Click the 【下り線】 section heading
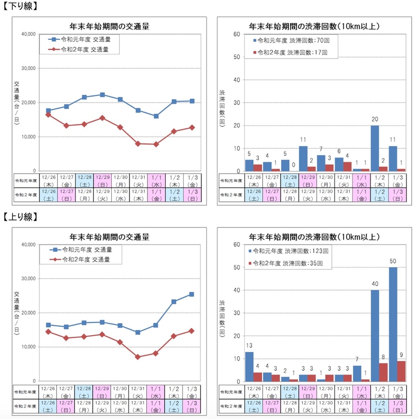[x=22, y=6]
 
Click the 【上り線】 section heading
[x=22, y=216]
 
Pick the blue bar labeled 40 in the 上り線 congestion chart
[x=375, y=336]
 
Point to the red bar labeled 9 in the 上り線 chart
[x=401, y=371]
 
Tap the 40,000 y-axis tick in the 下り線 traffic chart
[x=26, y=34]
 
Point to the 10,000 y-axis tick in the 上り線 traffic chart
[x=26, y=347]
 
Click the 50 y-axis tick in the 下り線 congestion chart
[x=237, y=57]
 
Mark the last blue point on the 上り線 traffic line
[x=191, y=294]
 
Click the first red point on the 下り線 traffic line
[x=49, y=115]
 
